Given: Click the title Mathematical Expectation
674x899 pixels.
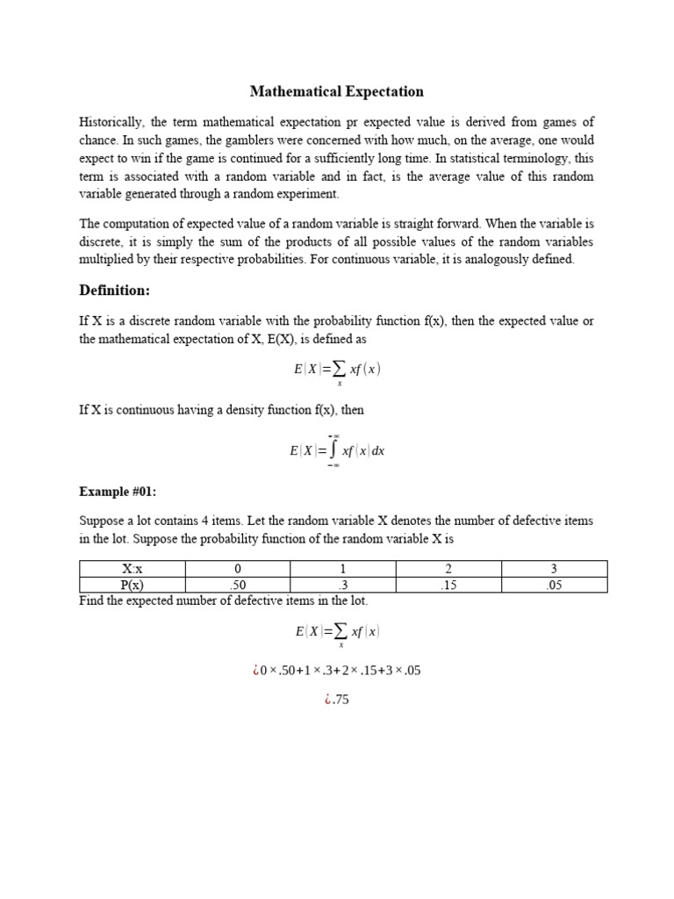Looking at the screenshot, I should coord(337,91).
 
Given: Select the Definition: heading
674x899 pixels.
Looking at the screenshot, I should coord(115,290).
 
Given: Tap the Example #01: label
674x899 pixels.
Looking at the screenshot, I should coord(118,492).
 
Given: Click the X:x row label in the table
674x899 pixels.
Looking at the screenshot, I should coord(132,569).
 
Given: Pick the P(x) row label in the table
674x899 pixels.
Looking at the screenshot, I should coord(132,585).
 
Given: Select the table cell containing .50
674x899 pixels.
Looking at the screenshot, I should coord(237,585).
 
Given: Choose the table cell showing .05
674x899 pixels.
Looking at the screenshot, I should coord(554,585).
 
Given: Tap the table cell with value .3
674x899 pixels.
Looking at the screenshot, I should coord(342,585).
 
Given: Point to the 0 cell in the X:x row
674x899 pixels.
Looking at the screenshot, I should coord(237,569).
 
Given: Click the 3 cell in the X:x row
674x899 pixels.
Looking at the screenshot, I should coord(554,569).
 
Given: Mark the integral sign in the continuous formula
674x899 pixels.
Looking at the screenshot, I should coord(333,450).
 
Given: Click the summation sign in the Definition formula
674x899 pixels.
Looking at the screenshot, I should coord(339,370).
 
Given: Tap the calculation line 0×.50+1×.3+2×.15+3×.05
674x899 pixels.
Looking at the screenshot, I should coord(337,671).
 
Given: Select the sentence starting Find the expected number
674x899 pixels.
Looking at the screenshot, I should coord(224,601).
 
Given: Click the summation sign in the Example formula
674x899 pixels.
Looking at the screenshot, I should coord(339,631).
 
